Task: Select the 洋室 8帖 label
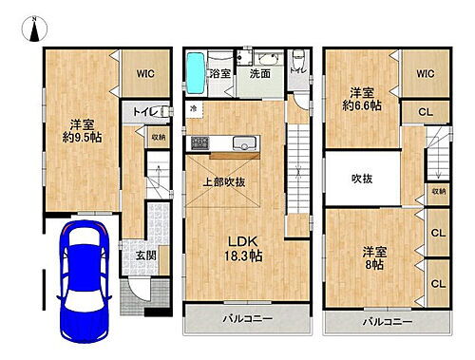372,258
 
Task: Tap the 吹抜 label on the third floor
361,179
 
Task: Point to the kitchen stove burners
199,142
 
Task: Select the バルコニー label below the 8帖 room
386,322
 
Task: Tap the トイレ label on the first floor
143,112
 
